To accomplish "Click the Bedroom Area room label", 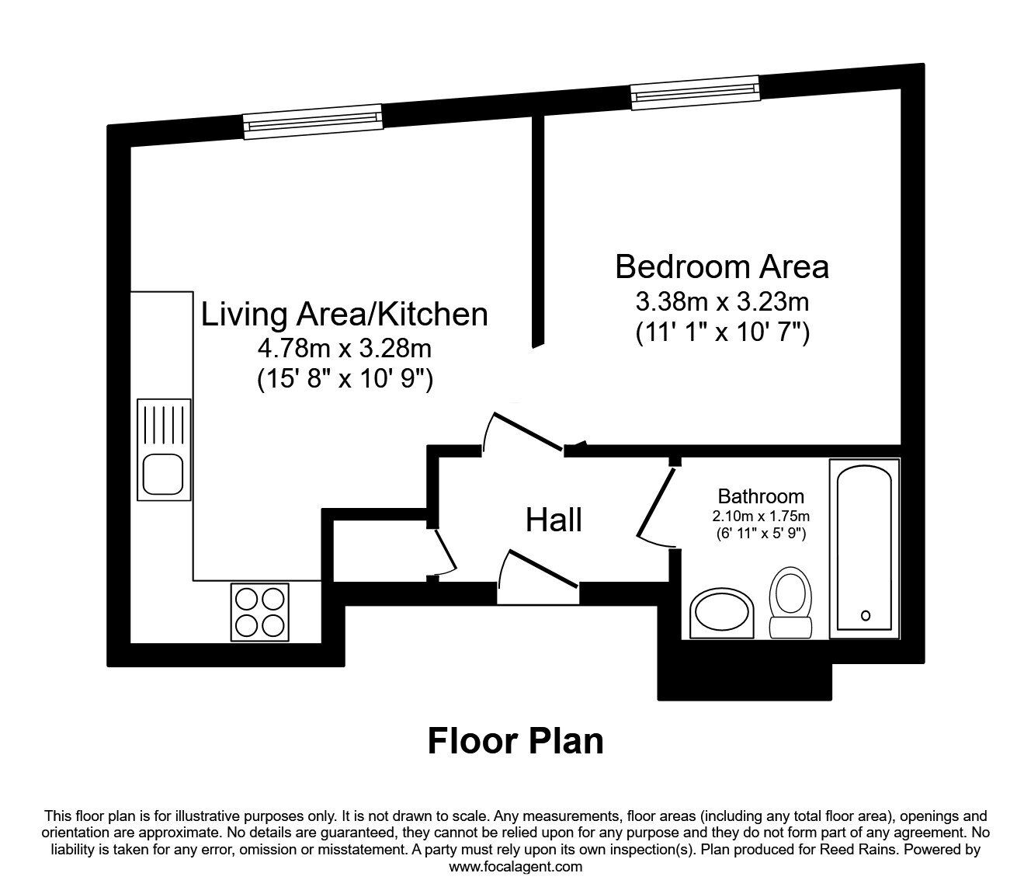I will (721, 267).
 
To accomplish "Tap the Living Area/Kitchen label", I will (345, 315).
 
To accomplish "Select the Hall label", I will (554, 520).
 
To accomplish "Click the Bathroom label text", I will (760, 496).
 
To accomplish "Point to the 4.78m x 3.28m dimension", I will (345, 347).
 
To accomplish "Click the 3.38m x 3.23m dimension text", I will (722, 301).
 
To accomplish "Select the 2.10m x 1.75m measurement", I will (760, 516).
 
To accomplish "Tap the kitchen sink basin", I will (162, 472).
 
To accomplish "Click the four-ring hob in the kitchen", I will (259, 612).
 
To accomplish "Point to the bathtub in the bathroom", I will (865, 548).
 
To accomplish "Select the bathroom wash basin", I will (722, 614).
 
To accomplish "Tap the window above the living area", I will (313, 122).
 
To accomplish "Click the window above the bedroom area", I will (694, 92).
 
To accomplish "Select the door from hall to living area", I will (524, 431).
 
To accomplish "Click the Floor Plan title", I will (515, 741).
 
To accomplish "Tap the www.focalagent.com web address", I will (515, 867).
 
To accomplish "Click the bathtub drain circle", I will (866, 616).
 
